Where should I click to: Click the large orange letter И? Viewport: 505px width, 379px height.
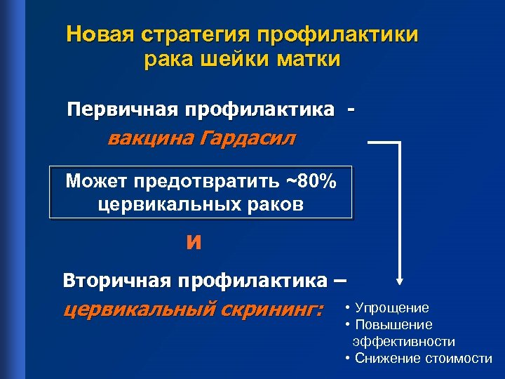click(x=194, y=243)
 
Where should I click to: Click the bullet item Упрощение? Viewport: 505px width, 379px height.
click(x=392, y=307)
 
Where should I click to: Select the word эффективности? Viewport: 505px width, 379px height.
click(x=404, y=342)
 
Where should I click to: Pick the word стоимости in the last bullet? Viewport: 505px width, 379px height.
click(x=459, y=359)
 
